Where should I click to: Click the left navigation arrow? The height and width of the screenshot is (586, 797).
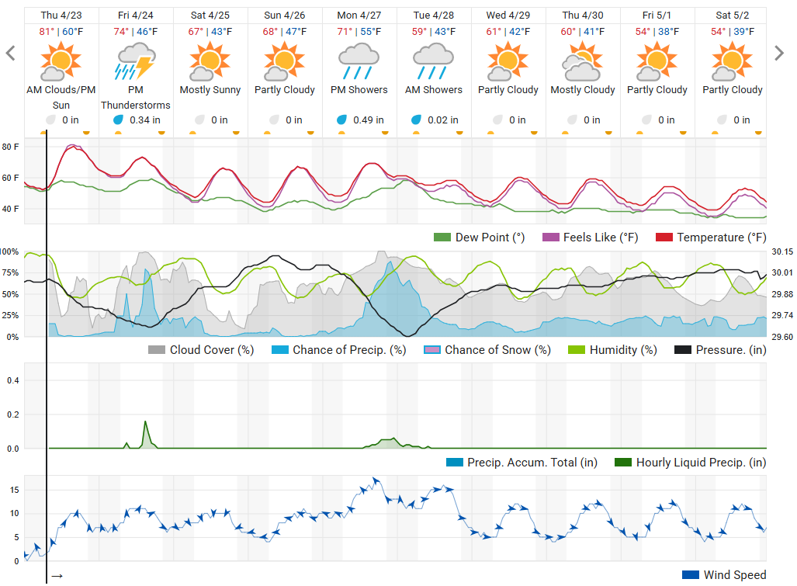click(11, 53)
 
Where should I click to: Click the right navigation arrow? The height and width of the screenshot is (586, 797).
click(780, 53)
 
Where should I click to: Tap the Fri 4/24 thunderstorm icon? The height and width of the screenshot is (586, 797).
click(135, 62)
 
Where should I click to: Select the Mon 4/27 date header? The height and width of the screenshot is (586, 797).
click(359, 16)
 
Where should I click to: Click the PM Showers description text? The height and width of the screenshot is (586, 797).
click(359, 90)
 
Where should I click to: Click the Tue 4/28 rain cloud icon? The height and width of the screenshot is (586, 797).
click(433, 62)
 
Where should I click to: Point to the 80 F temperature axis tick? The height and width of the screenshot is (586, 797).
click(11, 147)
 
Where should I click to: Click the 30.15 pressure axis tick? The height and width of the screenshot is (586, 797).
click(783, 252)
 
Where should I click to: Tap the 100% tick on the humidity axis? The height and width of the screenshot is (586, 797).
click(9, 252)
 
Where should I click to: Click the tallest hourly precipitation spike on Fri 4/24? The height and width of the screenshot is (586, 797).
click(145, 423)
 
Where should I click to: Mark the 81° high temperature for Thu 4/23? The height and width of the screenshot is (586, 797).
click(48, 32)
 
